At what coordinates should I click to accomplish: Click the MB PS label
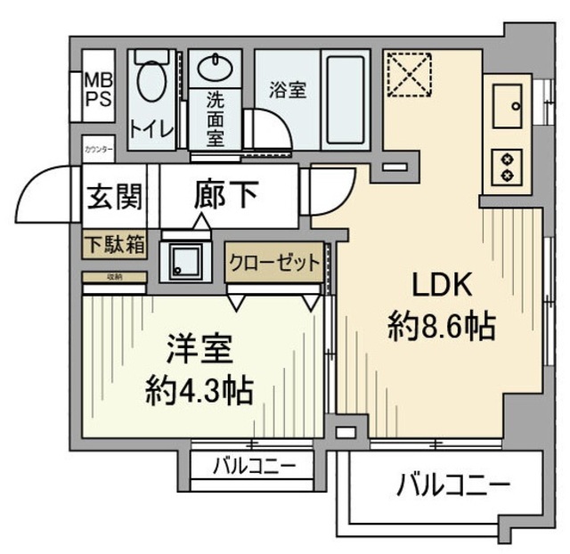98,90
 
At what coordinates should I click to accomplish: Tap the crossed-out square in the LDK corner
408,73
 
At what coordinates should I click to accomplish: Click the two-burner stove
506,166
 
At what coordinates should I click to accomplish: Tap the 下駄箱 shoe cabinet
115,246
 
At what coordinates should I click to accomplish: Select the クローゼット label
273,262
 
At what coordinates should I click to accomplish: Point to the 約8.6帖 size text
441,329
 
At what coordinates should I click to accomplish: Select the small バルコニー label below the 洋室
251,465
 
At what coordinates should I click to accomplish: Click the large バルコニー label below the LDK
452,486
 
